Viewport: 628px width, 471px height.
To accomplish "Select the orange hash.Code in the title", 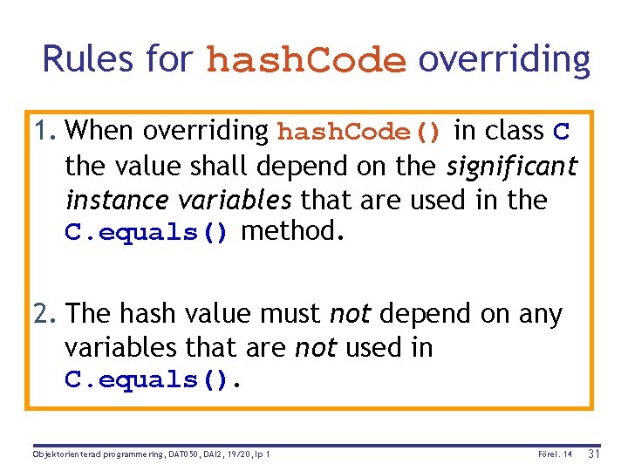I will coord(307,61).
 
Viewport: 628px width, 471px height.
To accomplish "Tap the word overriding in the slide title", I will coord(504,59).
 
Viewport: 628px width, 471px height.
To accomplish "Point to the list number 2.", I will coord(45,313).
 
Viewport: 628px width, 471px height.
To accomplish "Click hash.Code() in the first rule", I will coord(359,132).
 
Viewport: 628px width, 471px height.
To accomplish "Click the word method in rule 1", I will coord(289,232).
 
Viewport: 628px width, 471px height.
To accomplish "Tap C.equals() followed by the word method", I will coord(147,234).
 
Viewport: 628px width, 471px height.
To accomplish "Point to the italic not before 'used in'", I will coord(316,348).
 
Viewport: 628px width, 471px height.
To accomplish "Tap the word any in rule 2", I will coord(540,313).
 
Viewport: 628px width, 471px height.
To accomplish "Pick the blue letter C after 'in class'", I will coord(562,132).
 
